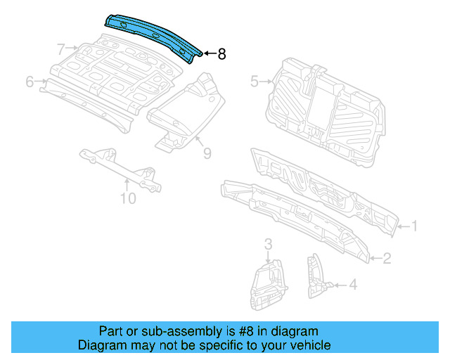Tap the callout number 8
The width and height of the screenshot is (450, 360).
point(221,54)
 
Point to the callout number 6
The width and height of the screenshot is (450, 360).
point(30,82)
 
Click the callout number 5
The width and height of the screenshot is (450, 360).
point(254,82)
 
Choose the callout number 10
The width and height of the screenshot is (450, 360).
point(127,198)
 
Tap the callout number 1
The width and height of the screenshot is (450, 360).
point(414,226)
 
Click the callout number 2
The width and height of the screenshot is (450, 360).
point(386,259)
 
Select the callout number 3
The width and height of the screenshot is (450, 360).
point(268,244)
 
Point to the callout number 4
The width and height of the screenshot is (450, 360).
point(353,285)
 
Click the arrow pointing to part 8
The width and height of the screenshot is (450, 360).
point(209,54)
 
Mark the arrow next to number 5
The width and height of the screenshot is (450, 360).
point(267,82)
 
